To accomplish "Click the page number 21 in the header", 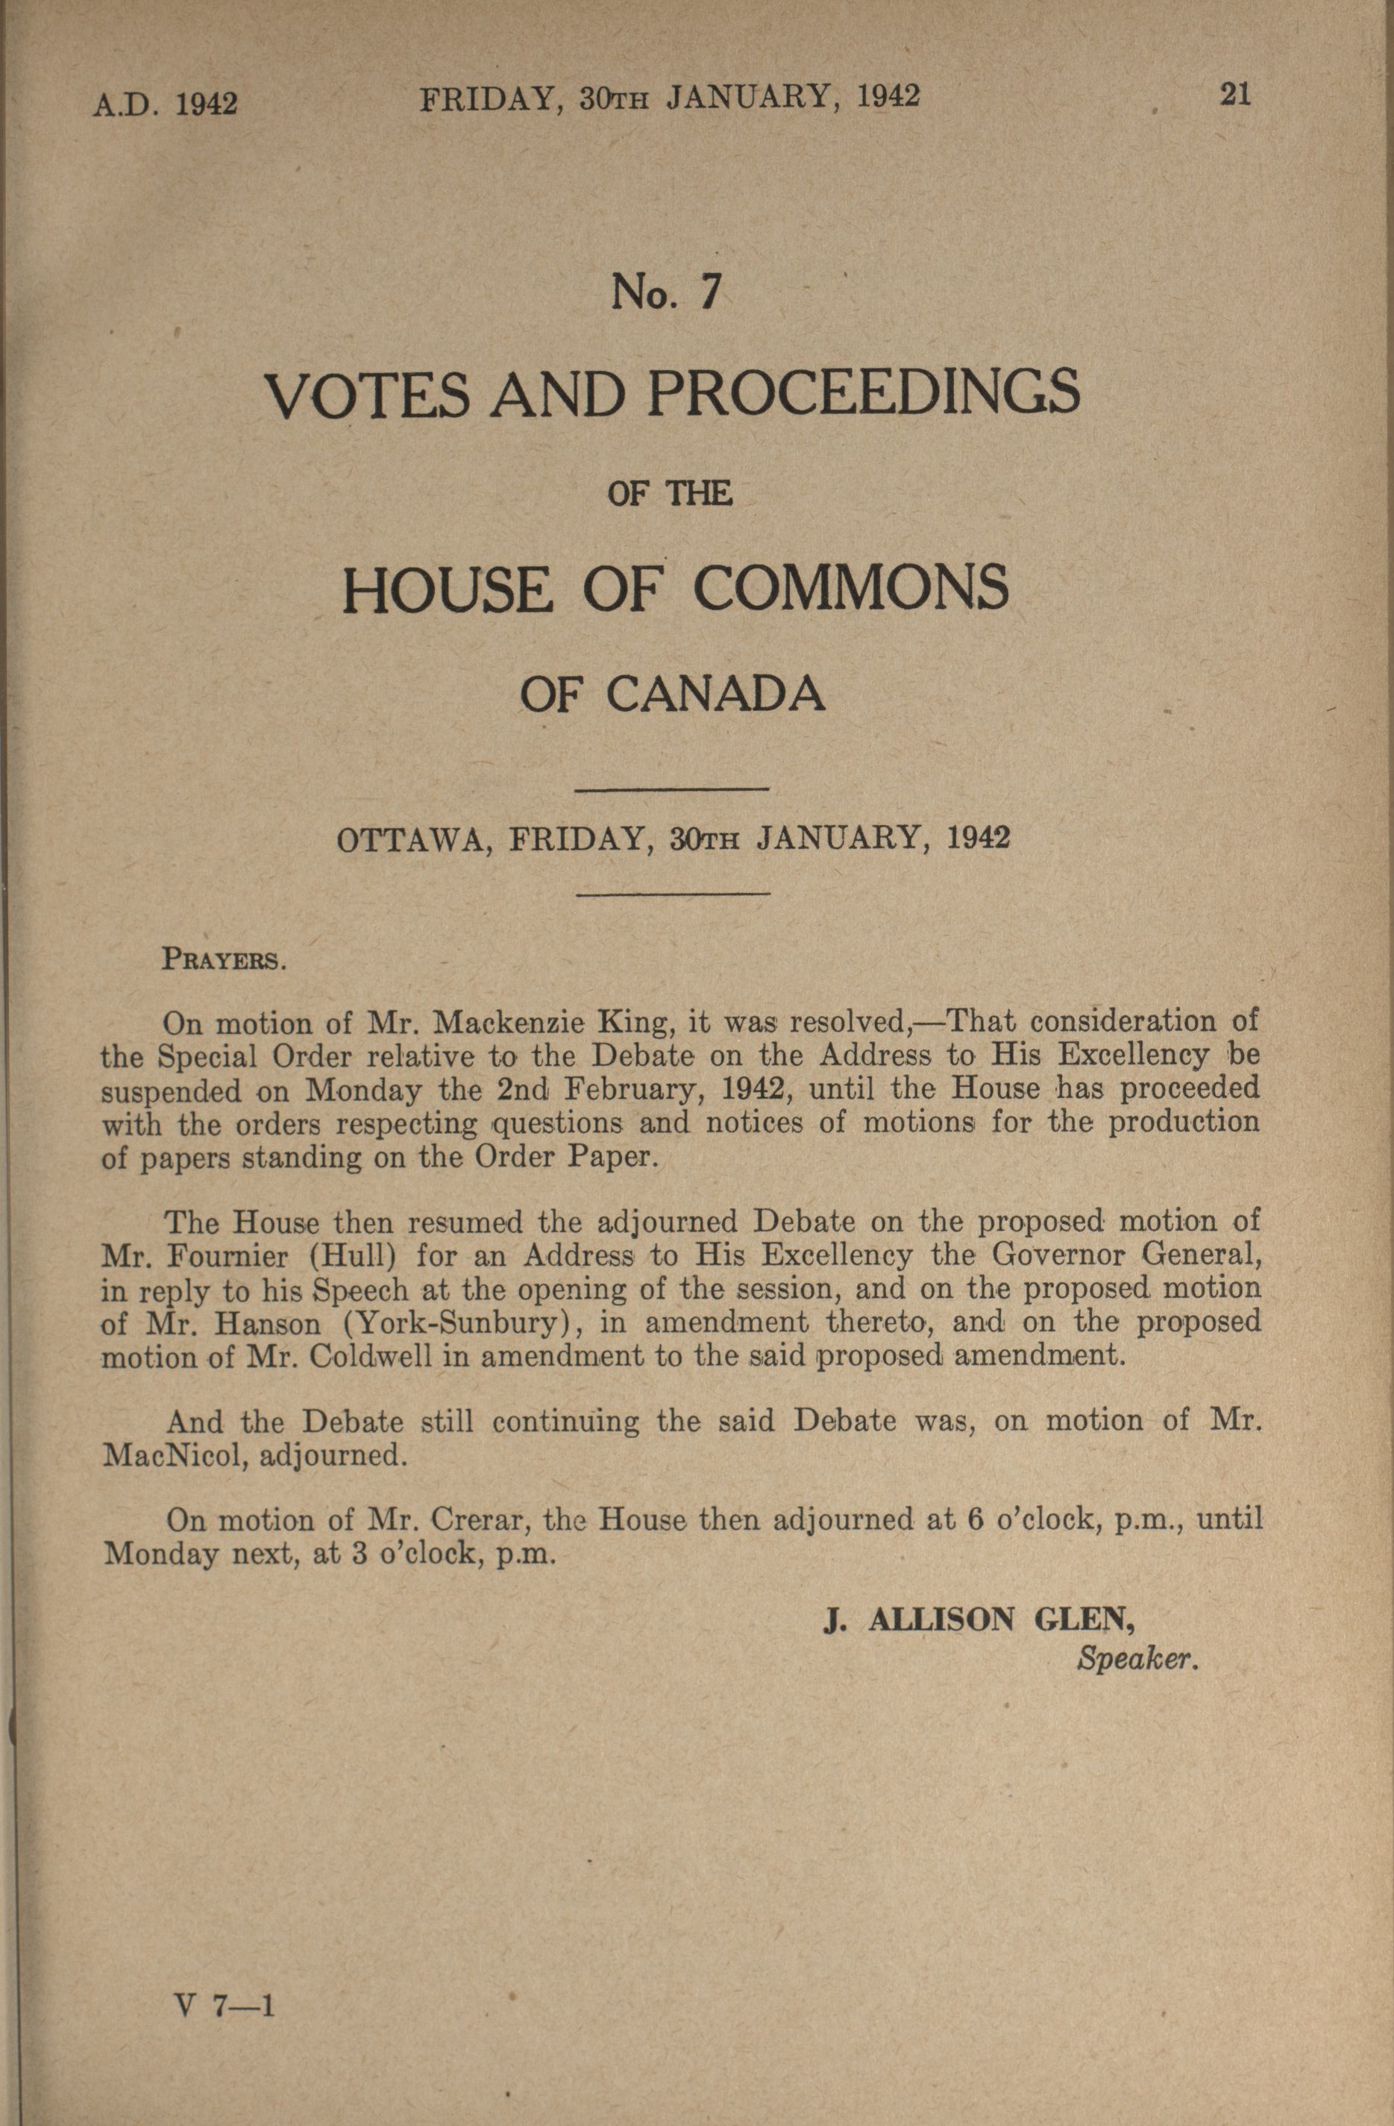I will pos(1236,95).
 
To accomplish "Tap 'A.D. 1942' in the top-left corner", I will pos(166,104).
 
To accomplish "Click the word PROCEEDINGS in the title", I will pos(864,394).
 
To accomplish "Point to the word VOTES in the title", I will pos(366,395).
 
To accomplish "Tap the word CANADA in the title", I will pos(715,694).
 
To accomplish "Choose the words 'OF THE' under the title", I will pos(670,494).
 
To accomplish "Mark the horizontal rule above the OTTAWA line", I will pos(674,788).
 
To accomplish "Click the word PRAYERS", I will pos(223,960).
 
